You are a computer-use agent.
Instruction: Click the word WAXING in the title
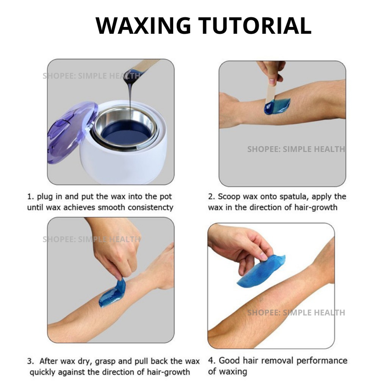coord(143,25)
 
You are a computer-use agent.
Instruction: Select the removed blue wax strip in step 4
coord(261,271)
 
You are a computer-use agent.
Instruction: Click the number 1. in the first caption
coord(30,197)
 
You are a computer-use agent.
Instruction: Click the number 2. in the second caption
coord(211,197)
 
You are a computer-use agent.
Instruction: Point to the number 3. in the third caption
coord(30,361)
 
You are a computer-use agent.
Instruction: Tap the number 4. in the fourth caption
coord(212,361)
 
